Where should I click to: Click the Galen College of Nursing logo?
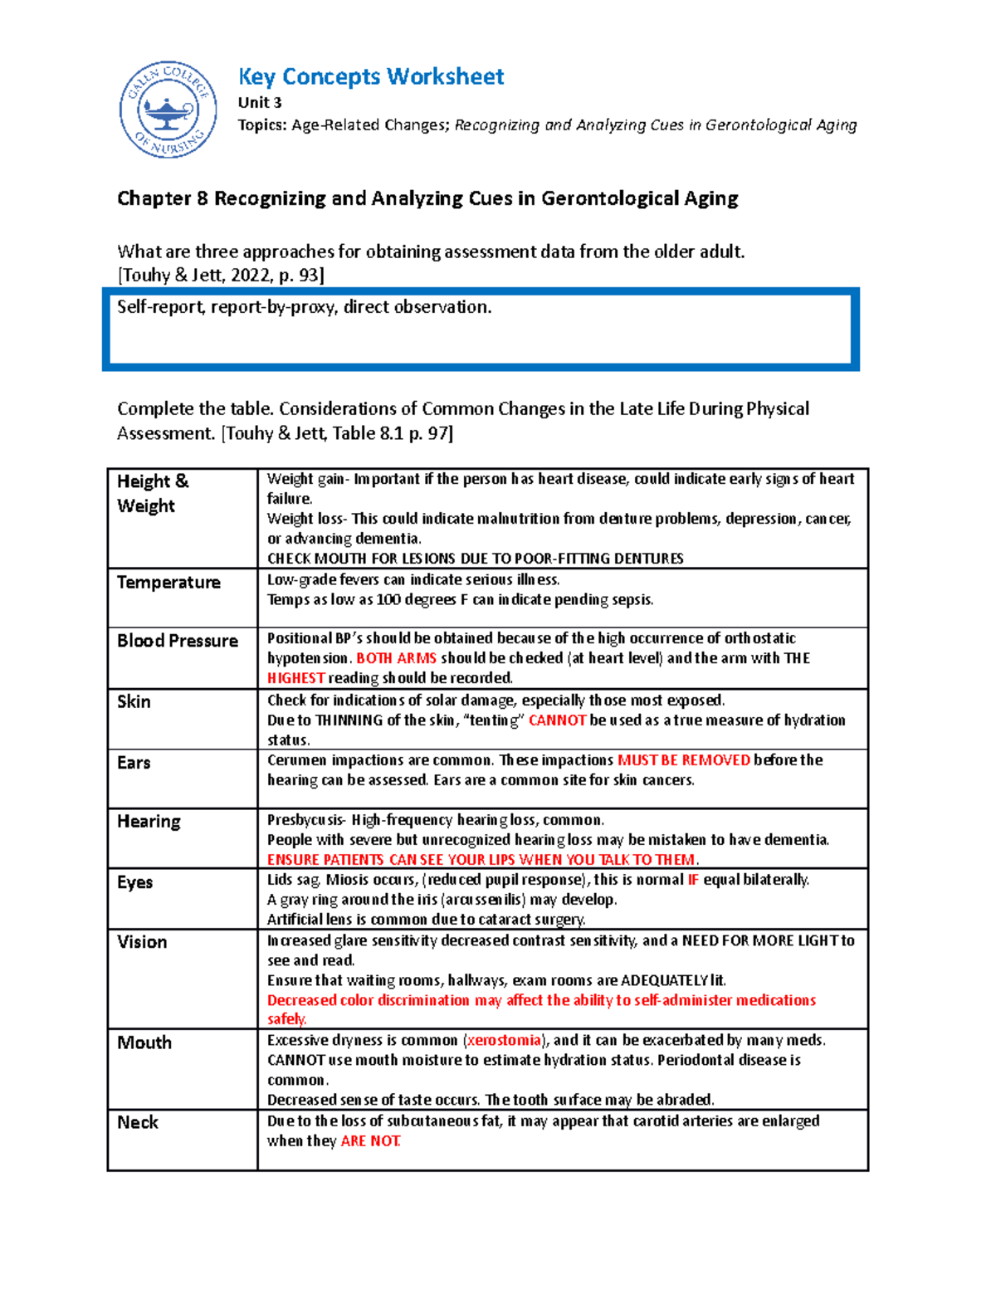168,110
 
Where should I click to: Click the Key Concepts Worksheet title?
370,77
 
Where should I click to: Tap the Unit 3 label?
260,103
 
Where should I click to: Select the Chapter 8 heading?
427,198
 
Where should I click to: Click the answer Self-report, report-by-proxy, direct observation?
304,307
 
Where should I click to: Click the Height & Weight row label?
153,494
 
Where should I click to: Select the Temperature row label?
168,583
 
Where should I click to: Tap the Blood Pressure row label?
178,641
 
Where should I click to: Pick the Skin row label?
134,702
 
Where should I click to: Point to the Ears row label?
134,763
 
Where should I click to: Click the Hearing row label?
149,822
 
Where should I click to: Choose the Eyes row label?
134,882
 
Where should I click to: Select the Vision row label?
142,942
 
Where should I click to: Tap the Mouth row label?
144,1042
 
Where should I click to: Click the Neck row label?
138,1123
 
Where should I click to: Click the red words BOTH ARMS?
396,658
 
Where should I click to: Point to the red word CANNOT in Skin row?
557,720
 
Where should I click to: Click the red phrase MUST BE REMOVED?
684,760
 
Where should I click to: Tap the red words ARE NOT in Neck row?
370,1141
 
